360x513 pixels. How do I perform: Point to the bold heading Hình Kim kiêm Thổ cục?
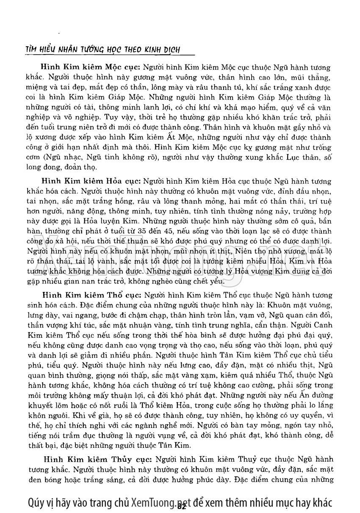click(x=92, y=295)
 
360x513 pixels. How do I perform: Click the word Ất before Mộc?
click(x=187, y=138)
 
